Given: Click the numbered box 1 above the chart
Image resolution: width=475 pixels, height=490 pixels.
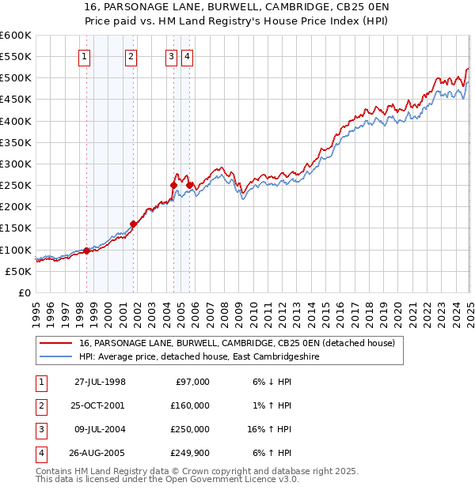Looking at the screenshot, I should (85, 56).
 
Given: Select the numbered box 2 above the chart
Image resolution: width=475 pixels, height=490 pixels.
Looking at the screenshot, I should (131, 56).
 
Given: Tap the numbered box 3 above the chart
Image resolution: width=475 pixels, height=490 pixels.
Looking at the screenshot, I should (171, 56).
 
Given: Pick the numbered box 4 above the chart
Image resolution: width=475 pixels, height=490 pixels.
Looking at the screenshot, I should (187, 56).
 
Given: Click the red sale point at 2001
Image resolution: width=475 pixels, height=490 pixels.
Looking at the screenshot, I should (133, 224).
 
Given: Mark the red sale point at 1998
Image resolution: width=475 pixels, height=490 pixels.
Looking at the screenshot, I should (86, 251).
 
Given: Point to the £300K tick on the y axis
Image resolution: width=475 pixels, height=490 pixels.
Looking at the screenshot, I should (17, 164).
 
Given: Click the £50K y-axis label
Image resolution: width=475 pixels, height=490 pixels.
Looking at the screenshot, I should (19, 271).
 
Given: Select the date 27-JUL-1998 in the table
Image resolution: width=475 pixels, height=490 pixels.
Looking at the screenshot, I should (100, 382).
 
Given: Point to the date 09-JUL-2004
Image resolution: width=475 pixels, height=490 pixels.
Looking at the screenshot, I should (100, 429).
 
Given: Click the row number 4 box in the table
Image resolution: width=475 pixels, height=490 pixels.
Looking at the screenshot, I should (40, 453).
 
